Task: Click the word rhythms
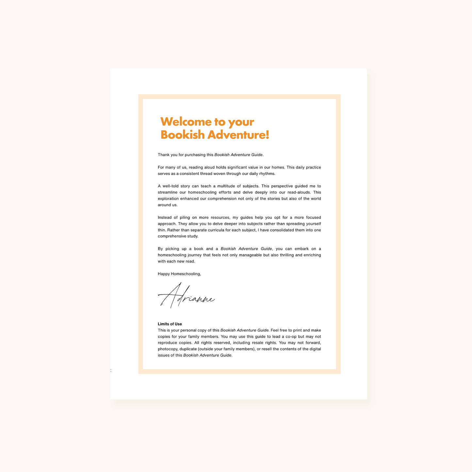point(267,173)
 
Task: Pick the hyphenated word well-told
point(170,186)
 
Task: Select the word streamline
point(167,192)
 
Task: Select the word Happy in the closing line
point(164,274)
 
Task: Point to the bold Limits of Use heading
point(170,324)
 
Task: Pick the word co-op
point(289,336)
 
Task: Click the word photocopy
point(168,349)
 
